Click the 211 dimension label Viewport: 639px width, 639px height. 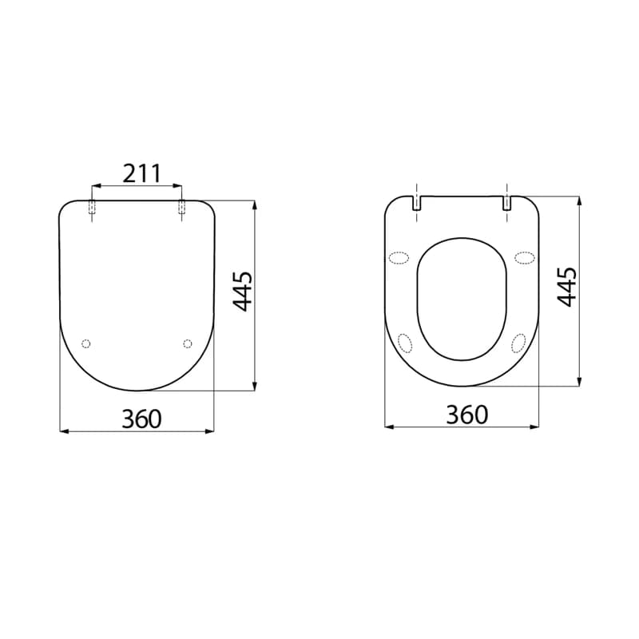tap(142, 173)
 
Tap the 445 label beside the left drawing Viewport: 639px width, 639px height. tap(243, 292)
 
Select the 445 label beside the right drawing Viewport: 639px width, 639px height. tap(567, 287)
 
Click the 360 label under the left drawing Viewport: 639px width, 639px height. tap(142, 419)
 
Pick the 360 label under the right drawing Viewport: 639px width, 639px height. tap(467, 415)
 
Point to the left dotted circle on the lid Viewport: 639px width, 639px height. tap(86, 343)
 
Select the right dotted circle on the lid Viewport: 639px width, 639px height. tap(188, 343)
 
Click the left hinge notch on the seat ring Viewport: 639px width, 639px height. tap(416, 203)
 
